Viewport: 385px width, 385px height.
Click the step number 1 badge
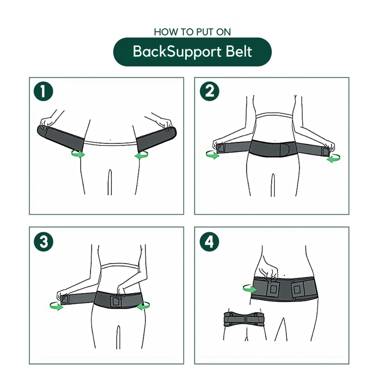coord(43,92)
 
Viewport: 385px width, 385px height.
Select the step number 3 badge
coord(43,242)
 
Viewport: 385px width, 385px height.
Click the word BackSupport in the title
coord(172,52)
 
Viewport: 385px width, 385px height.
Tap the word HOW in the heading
coord(164,32)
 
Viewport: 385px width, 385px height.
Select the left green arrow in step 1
coord(78,154)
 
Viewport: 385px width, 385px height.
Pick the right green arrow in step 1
coord(141,155)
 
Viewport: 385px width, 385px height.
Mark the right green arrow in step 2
coord(333,158)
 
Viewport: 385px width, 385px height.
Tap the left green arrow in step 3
coord(56,306)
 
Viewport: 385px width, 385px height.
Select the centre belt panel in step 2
coord(274,148)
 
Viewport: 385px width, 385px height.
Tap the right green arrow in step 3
coord(144,306)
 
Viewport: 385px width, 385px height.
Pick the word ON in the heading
coord(223,32)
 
